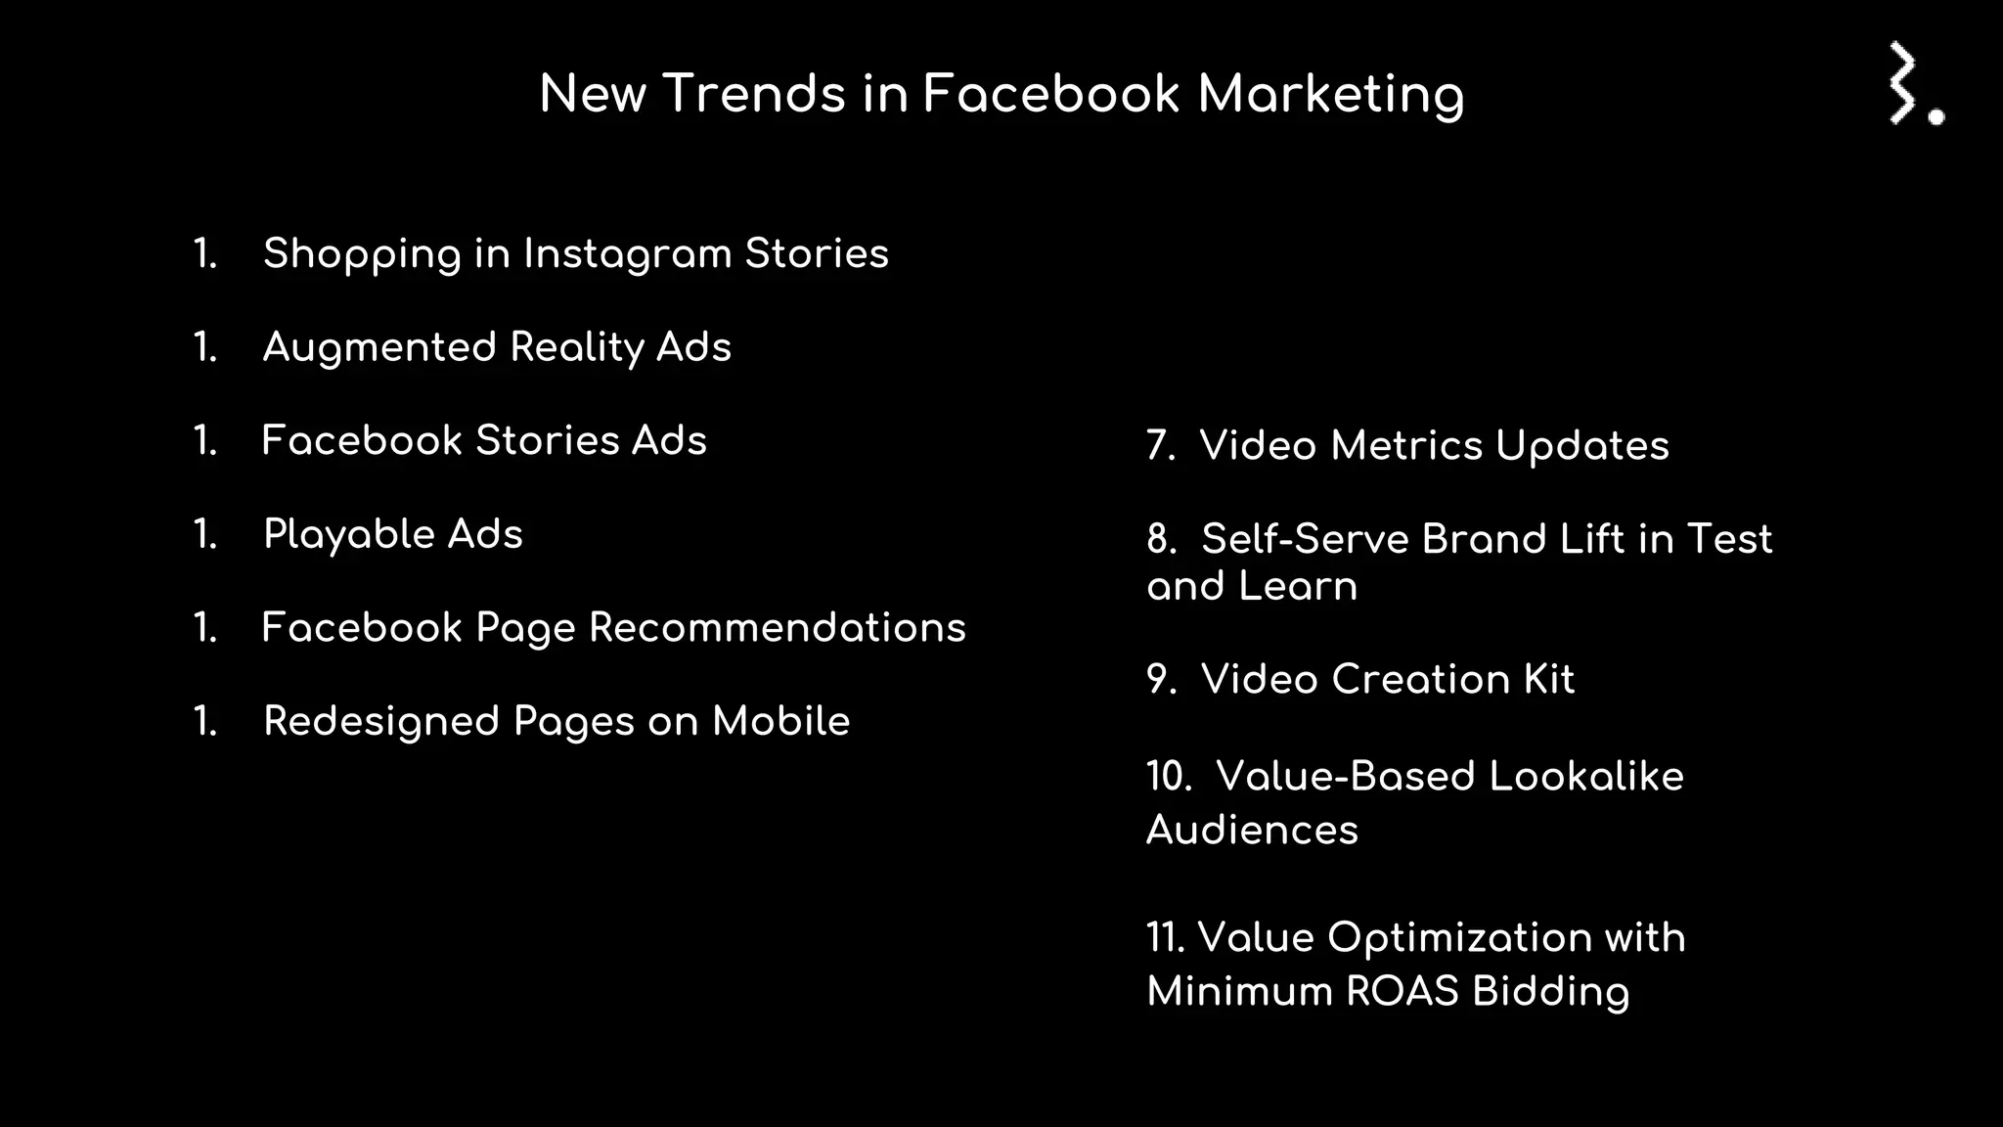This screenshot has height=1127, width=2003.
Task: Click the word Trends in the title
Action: click(754, 95)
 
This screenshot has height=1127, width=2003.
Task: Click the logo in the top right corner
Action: click(1915, 84)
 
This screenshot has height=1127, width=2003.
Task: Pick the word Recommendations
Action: click(777, 628)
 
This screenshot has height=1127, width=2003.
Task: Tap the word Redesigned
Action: click(381, 722)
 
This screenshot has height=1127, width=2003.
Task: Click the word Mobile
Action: click(780, 722)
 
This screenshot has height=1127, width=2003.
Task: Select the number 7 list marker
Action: click(1160, 446)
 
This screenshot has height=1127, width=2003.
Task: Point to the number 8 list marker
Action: click(1161, 539)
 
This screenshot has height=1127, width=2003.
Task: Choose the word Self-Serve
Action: click(1305, 539)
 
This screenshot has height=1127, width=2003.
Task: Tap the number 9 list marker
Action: click(1161, 680)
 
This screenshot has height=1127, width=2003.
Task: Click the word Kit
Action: click(1548, 680)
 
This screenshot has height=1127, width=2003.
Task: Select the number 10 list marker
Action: click(1169, 777)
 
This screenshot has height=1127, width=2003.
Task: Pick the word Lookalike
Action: click(1585, 777)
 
